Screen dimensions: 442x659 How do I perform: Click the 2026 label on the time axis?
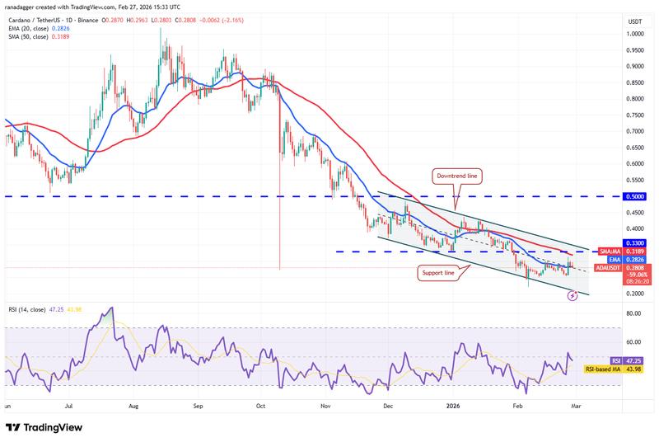[x=453, y=407]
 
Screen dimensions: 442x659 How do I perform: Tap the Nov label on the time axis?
[x=325, y=407]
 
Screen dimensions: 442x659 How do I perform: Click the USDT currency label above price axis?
[x=634, y=21]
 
